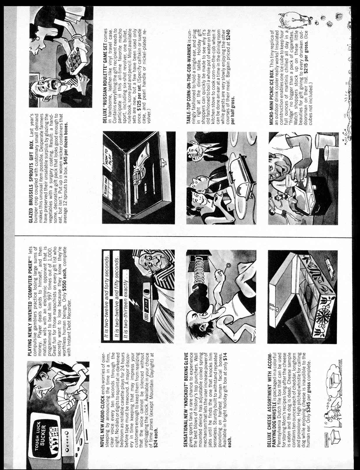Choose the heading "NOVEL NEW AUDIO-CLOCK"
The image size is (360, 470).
(103, 423)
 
